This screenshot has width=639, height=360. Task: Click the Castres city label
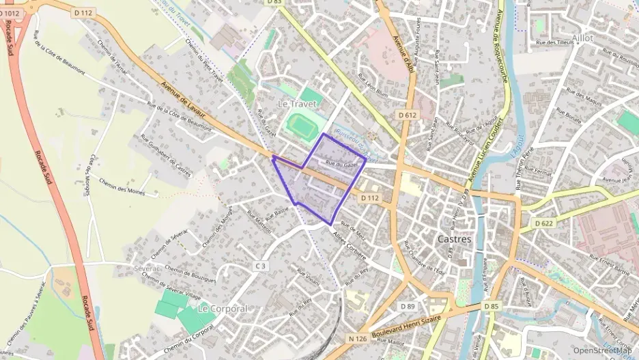[x=453, y=240]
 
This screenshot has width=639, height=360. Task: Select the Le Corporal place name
[x=222, y=309]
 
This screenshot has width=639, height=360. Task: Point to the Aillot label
[x=582, y=38]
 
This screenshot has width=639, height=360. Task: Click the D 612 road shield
[x=408, y=115]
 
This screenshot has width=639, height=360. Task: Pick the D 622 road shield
[x=543, y=223]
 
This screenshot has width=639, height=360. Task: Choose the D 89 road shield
[x=408, y=305]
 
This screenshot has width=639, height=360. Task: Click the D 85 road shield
[x=492, y=306]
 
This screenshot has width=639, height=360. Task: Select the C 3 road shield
[x=260, y=265]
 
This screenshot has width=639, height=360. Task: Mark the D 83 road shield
[x=274, y=2]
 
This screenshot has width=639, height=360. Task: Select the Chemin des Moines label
[x=122, y=186]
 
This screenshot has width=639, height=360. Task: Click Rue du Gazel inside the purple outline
[x=342, y=164]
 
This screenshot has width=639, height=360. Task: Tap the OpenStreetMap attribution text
[x=601, y=350]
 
